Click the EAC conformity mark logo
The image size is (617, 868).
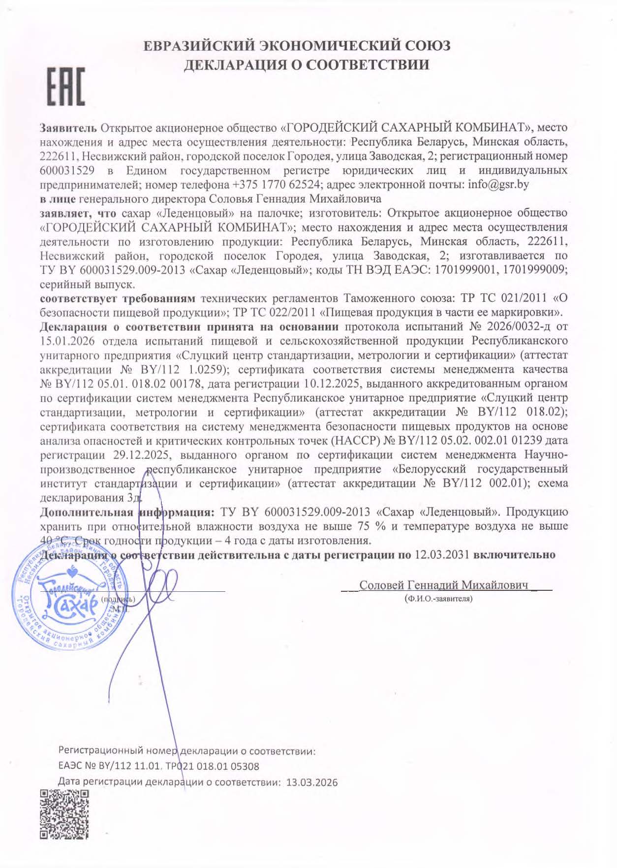[x=66, y=87]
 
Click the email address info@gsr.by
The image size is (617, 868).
[x=498, y=185]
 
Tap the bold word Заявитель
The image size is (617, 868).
[x=68, y=128]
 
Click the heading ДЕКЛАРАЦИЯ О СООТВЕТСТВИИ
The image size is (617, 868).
[x=306, y=64]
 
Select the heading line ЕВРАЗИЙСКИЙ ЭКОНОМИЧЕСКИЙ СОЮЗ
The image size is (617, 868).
[x=297, y=46]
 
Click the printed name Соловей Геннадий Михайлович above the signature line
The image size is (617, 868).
[x=443, y=585]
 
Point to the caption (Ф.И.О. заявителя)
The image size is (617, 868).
[x=438, y=599]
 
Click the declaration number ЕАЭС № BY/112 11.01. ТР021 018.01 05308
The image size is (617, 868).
[x=158, y=766]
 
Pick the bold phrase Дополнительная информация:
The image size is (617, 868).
[x=127, y=512]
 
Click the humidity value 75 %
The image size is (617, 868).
[x=371, y=526]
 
